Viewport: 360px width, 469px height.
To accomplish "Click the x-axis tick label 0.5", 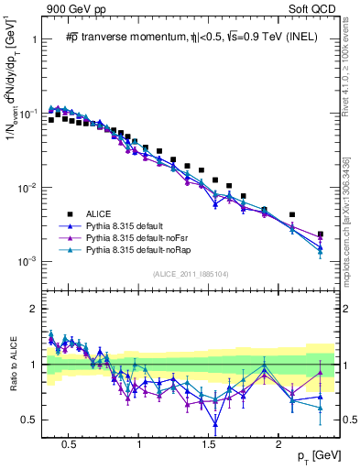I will pos(69,442).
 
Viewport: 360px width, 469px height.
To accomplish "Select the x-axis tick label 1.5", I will pos(208,442).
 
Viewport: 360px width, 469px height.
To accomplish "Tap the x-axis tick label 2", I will pos(278,442).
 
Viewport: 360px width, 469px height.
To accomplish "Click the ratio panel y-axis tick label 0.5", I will pos(29,420).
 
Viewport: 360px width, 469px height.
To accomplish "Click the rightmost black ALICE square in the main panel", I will pos(320,234).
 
